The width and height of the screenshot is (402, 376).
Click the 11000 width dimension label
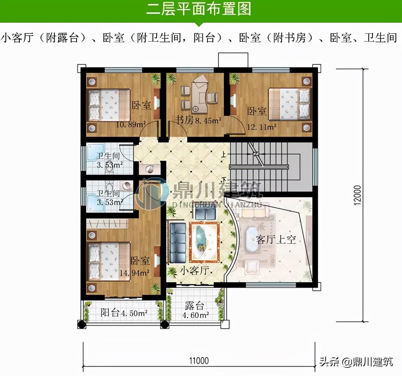pyautogui.click(x=199, y=361)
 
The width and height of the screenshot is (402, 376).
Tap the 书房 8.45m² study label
pyautogui.click(x=198, y=120)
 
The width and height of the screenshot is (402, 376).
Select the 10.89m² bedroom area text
pyautogui.click(x=131, y=124)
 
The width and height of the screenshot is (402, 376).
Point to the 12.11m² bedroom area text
pyautogui.click(x=262, y=127)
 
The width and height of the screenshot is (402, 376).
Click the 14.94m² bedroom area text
pyautogui.click(x=134, y=273)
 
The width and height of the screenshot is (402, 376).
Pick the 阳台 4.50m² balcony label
pyautogui.click(x=124, y=313)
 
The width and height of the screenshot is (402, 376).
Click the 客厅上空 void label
pyautogui.click(x=276, y=240)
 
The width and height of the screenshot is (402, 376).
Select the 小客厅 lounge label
pyautogui.click(x=194, y=271)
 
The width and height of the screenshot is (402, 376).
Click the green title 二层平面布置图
pyautogui.click(x=198, y=9)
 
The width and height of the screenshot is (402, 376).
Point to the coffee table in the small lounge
pyautogui.click(x=204, y=242)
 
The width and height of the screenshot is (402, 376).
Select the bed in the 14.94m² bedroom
pyautogui.click(x=109, y=262)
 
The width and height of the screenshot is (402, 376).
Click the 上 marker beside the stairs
pyautogui.click(x=223, y=155)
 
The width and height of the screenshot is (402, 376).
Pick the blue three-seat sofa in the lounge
pyautogui.click(x=178, y=243)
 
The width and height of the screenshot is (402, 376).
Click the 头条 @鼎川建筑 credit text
pyautogui.click(x=356, y=361)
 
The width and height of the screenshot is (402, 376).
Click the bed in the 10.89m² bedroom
pyautogui.click(x=109, y=105)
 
